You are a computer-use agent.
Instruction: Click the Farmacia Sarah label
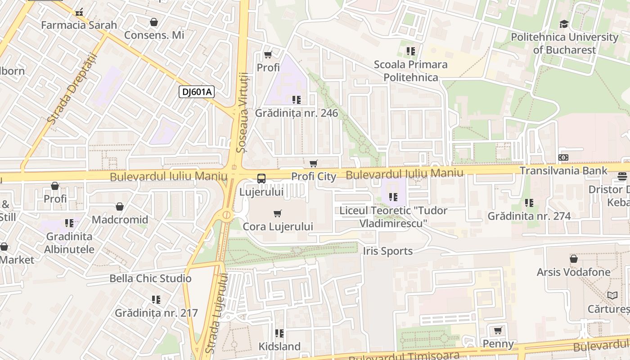79,25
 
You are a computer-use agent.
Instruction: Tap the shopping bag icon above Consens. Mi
154,22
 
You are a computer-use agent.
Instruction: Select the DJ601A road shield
197,92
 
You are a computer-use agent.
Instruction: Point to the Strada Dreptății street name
72,89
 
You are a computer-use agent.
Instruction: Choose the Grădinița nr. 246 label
297,113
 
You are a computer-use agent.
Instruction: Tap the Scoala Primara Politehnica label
410,71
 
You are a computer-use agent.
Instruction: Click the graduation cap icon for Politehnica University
564,24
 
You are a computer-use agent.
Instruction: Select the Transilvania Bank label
563,171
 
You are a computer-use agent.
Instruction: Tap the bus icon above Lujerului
261,178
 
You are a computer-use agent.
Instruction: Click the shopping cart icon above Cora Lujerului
278,213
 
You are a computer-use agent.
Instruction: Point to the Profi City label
314,176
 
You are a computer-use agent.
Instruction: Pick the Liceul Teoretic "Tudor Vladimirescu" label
393,216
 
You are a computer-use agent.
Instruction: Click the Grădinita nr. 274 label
529,216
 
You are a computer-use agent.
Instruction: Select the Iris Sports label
388,251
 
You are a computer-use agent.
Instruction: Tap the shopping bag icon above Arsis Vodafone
574,259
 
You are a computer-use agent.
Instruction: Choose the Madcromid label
120,220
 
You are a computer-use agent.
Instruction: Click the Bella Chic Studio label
150,279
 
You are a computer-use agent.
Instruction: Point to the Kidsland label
279,346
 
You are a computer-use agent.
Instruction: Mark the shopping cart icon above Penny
498,331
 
